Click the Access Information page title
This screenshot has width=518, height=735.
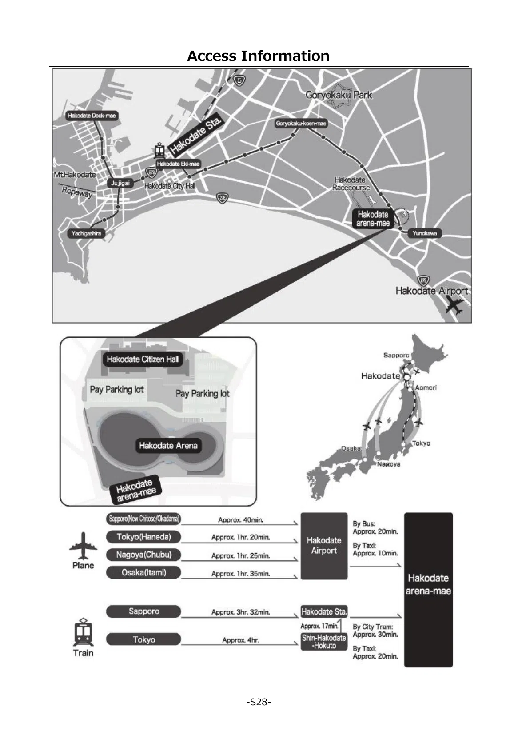pyautogui.click(x=258, y=56)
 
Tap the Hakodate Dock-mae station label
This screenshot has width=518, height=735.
pyautogui.click(x=92, y=116)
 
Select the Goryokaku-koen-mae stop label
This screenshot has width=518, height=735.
pyautogui.click(x=301, y=124)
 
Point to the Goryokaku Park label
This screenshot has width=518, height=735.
pyautogui.click(x=339, y=95)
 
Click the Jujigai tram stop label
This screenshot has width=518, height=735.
pyautogui.click(x=120, y=183)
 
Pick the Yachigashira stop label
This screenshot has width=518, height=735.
pyautogui.click(x=86, y=233)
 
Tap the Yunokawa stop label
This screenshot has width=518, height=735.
pyautogui.click(x=424, y=233)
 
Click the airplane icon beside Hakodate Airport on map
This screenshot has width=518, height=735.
pyautogui.click(x=454, y=306)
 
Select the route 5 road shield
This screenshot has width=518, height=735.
pyautogui.click(x=239, y=80)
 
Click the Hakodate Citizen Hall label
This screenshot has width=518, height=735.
pyautogui.click(x=143, y=359)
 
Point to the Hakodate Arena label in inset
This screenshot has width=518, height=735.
pyautogui.click(x=168, y=446)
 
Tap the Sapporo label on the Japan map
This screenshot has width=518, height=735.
pyautogui.click(x=396, y=355)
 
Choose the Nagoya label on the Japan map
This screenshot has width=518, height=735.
pyautogui.click(x=389, y=464)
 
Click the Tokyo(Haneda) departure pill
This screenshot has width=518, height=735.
pyautogui.click(x=143, y=537)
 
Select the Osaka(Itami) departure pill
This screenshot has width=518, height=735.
pyautogui.click(x=143, y=572)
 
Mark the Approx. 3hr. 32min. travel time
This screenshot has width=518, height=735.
pyautogui.click(x=240, y=612)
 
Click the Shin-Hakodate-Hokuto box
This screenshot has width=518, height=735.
pyautogui.click(x=324, y=642)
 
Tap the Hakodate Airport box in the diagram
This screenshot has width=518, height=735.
pyautogui.click(x=324, y=546)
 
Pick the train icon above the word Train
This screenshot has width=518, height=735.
pyautogui.click(x=83, y=632)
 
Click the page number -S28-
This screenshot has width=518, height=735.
pyautogui.click(x=259, y=702)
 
